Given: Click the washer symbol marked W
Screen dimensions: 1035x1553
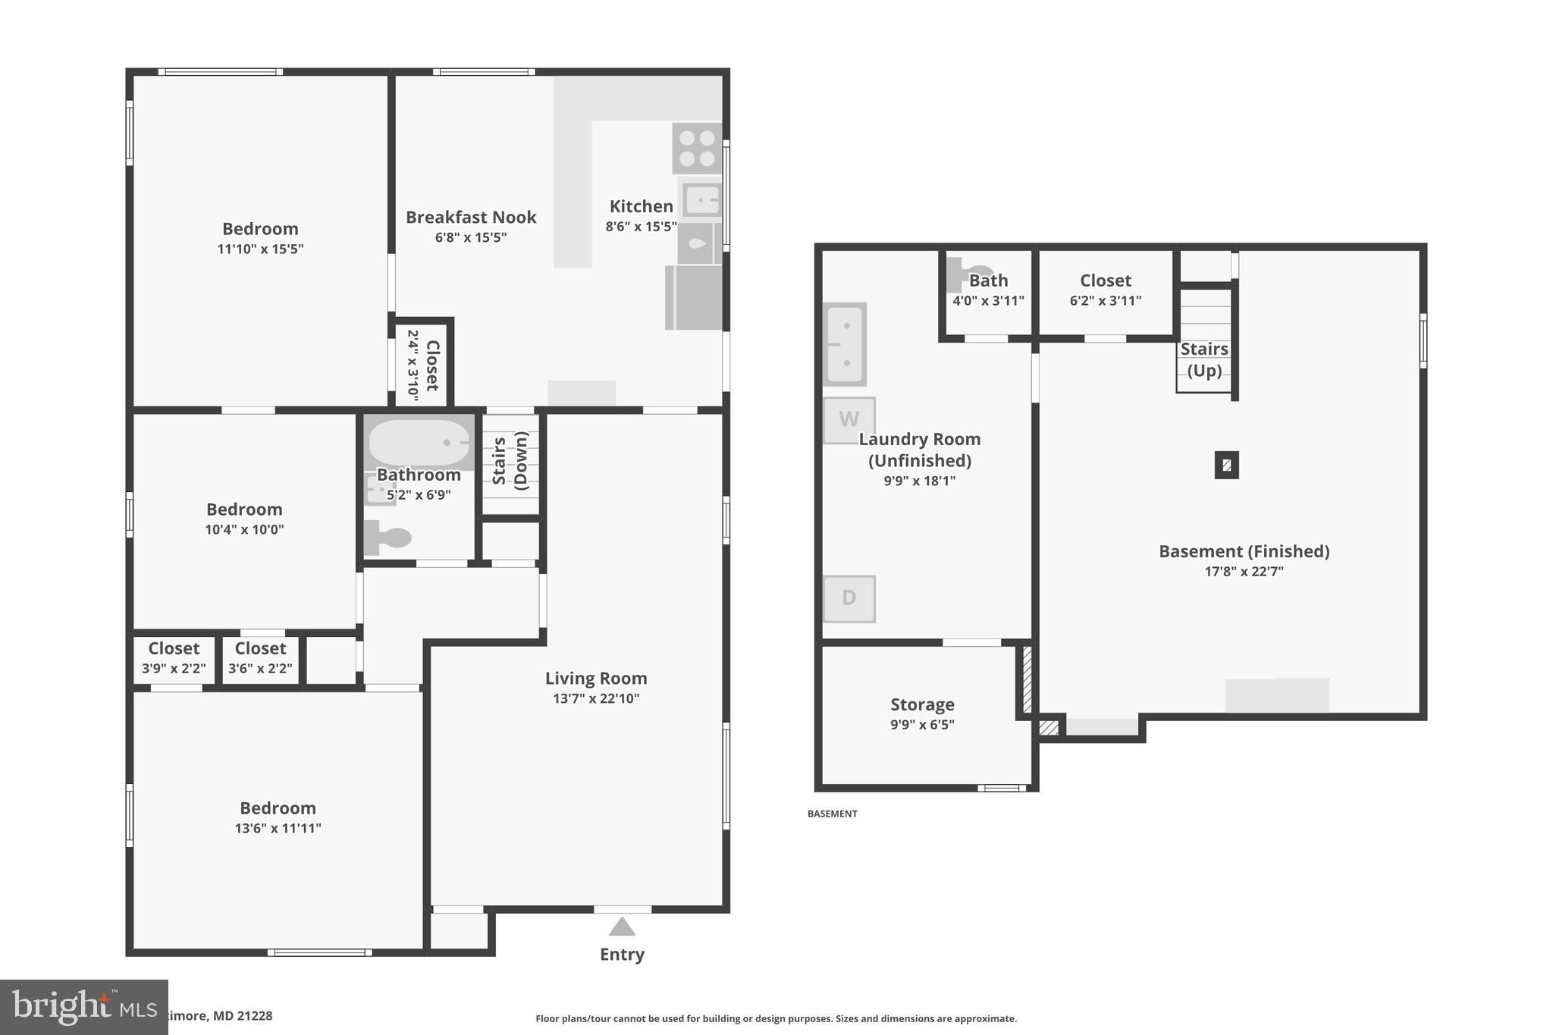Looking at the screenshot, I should click(x=849, y=419).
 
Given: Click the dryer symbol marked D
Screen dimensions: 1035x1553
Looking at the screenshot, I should click(x=849, y=598).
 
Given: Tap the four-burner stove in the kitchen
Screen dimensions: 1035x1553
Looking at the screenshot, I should click(x=697, y=149).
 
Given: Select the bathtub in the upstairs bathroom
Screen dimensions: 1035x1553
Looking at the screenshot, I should click(x=419, y=442).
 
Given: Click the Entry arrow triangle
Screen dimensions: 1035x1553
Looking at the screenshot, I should click(x=622, y=927).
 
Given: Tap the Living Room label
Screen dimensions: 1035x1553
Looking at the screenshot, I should click(x=596, y=679).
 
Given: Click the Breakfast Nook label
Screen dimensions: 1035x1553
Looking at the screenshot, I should click(x=471, y=218).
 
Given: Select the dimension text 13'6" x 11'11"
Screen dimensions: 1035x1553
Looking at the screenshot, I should click(x=278, y=828).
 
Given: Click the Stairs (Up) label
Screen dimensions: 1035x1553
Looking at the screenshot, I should click(x=1203, y=359).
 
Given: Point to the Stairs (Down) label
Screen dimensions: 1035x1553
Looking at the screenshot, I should click(x=510, y=460).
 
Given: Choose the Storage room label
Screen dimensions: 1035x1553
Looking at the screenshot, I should click(x=922, y=704).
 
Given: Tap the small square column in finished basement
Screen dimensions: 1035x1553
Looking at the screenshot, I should click(x=1226, y=465).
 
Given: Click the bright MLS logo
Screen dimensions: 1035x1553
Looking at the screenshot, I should click(x=83, y=1007).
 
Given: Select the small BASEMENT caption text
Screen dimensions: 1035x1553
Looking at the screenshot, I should click(x=832, y=814).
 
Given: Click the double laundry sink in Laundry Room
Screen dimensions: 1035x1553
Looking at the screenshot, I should click(x=845, y=344).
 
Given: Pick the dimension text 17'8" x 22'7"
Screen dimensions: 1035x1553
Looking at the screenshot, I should click(x=1244, y=572).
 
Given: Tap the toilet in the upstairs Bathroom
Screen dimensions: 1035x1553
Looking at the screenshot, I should click(x=387, y=538).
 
